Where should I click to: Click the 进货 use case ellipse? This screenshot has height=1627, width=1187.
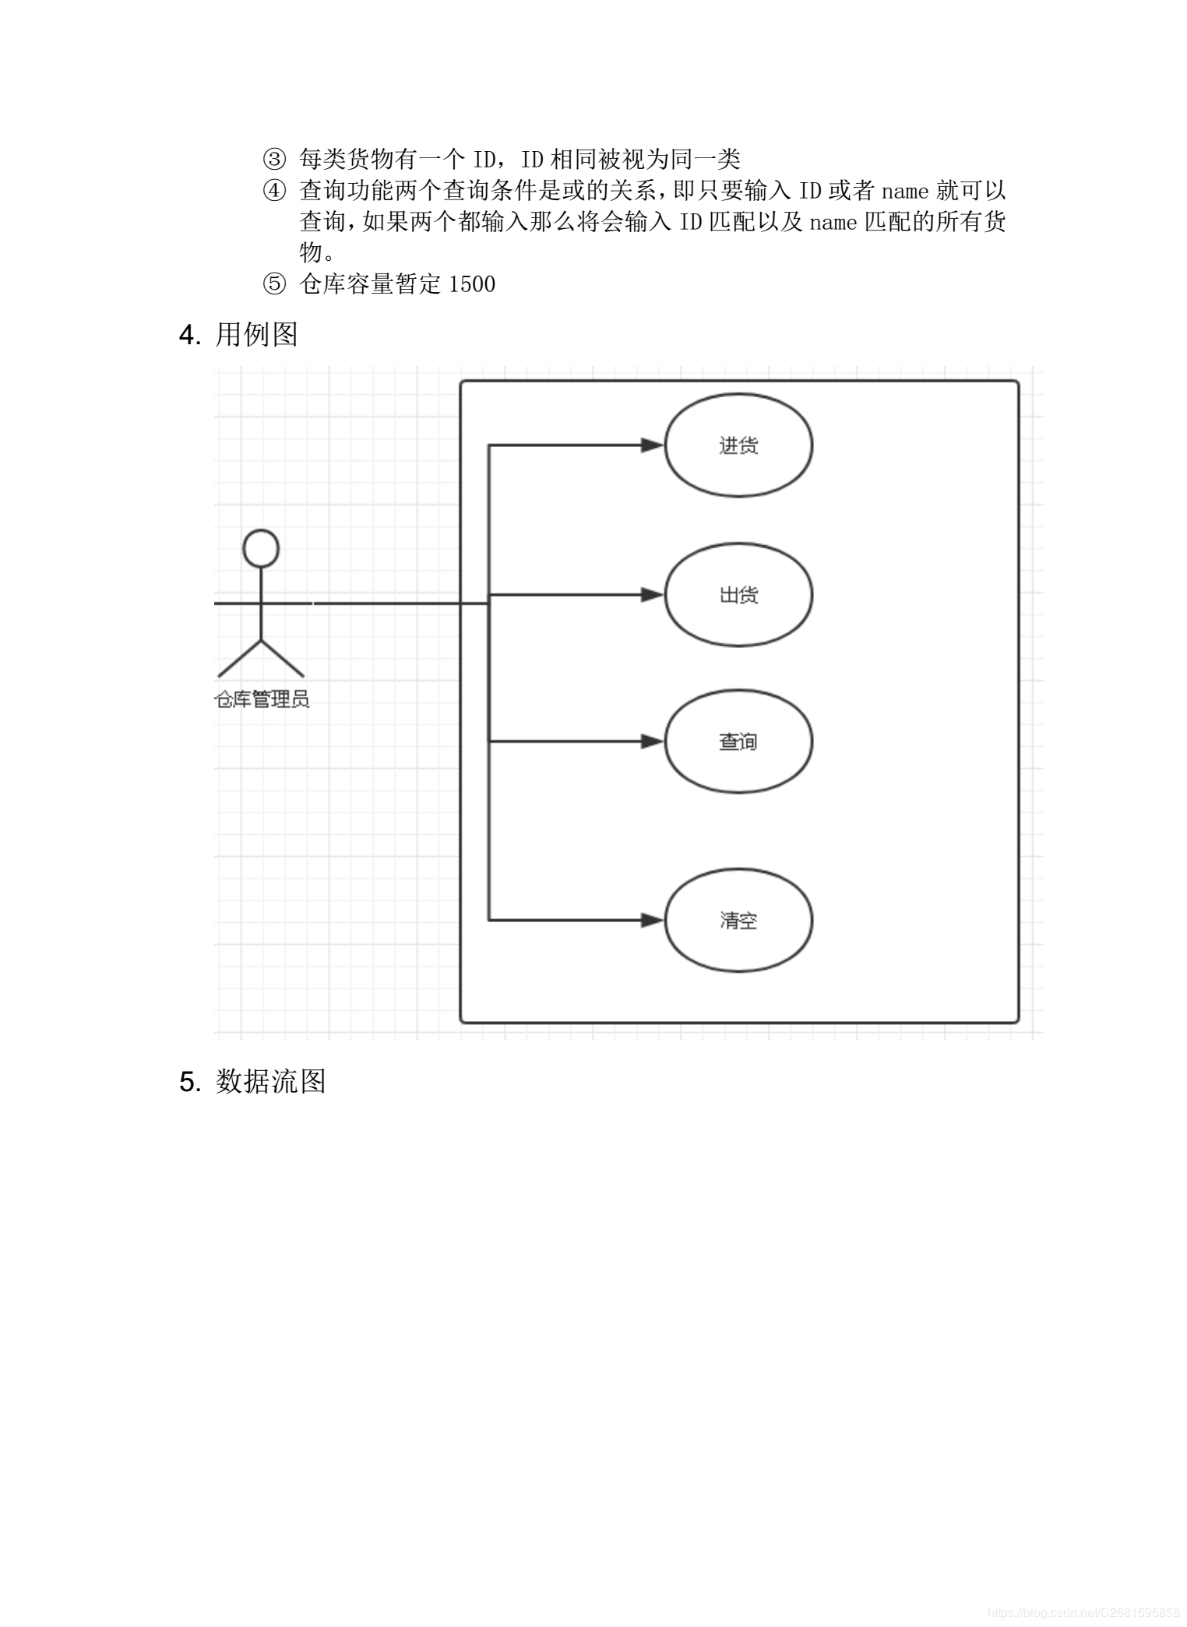[x=738, y=445]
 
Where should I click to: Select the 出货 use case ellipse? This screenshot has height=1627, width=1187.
[x=738, y=595]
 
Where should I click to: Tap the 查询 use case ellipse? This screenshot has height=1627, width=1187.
[x=738, y=741]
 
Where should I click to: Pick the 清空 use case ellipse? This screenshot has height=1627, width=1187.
[x=738, y=921]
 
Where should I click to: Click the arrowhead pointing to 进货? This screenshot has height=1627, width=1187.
[x=652, y=445]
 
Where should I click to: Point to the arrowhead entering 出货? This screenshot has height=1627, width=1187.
[x=652, y=595]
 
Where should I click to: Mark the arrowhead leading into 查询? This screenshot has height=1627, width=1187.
[x=652, y=741]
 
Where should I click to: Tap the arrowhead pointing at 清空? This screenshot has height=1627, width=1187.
[x=652, y=921]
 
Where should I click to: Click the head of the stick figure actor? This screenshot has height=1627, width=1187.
[x=261, y=548]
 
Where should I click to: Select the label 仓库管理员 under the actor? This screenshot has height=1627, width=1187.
[x=262, y=699]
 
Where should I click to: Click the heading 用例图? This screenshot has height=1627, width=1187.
[x=256, y=335]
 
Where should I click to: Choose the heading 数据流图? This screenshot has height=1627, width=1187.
[x=270, y=1082]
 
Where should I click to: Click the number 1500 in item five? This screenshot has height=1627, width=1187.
[x=472, y=284]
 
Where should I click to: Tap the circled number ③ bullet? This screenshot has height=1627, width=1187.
[x=274, y=160]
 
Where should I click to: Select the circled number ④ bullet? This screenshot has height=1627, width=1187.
[x=274, y=191]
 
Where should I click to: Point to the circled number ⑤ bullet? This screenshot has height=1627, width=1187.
[x=274, y=284]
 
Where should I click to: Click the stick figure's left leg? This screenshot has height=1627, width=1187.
[x=240, y=659]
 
